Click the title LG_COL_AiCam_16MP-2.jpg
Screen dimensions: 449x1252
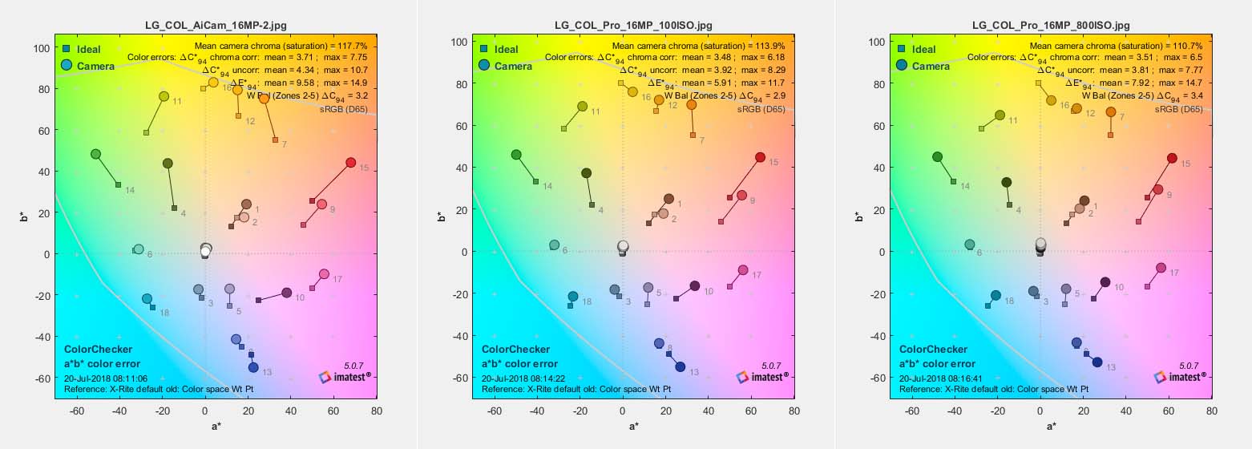[x=216, y=25]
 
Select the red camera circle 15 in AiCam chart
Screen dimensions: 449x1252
[x=350, y=163]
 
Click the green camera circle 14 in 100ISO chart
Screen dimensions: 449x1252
[x=516, y=155]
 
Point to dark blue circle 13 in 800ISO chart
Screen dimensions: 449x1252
[x=1097, y=362]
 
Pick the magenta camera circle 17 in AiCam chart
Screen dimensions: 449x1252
[x=324, y=274]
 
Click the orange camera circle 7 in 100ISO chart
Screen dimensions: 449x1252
[x=691, y=105]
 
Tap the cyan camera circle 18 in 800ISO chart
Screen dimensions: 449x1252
[x=996, y=295]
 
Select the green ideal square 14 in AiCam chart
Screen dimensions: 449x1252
[x=118, y=185]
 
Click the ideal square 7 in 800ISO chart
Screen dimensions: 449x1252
[x=1110, y=135]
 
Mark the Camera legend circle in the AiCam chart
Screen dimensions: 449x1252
[x=67, y=66]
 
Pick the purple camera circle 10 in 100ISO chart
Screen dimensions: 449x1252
[x=695, y=286]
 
